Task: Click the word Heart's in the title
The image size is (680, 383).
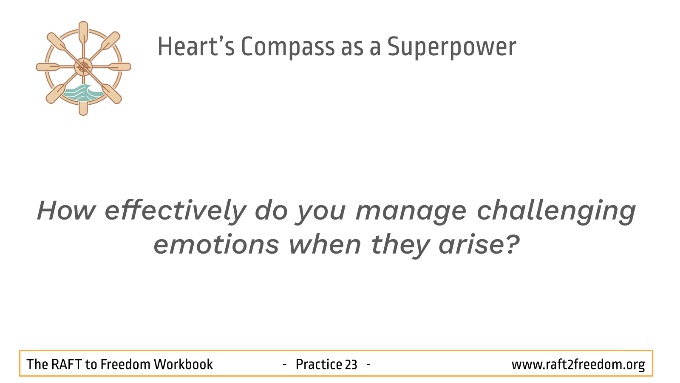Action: [196, 46]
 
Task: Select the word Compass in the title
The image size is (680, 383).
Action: [288, 46]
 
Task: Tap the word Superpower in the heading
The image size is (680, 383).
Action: [452, 46]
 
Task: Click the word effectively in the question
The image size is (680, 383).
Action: [176, 210]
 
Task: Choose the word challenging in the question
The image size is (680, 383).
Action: [556, 210]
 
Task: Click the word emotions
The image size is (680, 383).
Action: [216, 245]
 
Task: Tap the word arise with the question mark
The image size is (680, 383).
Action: [479, 244]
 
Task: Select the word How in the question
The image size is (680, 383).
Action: [66, 210]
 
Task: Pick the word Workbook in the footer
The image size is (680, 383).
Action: [183, 364]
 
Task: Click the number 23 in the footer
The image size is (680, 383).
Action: [351, 364]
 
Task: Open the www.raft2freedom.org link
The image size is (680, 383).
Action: [578, 364]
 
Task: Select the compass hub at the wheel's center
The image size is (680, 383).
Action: [83, 67]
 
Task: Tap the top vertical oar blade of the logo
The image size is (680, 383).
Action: [83, 31]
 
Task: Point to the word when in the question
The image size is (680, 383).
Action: [325, 244]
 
